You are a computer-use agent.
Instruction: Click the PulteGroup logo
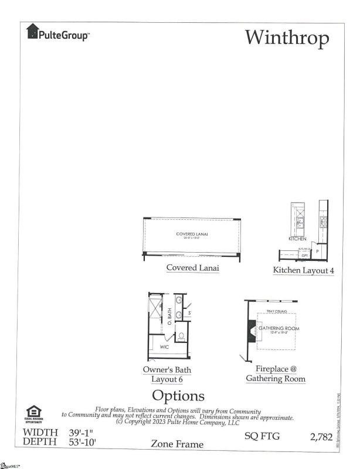tap(57, 34)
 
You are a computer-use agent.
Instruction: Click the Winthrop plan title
tap(287, 37)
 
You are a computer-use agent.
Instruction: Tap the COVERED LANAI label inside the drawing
tap(193, 235)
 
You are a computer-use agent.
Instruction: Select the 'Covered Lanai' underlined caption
tap(193, 268)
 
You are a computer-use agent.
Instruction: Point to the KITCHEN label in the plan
tap(297, 239)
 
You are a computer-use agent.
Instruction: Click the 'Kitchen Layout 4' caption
tap(303, 270)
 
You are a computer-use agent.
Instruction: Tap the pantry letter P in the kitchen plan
tap(317, 251)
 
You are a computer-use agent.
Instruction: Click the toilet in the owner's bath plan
tap(181, 337)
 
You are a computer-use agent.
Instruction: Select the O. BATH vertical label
tap(169, 318)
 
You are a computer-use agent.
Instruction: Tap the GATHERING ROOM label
tap(280, 328)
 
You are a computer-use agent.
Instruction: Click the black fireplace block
tap(250, 331)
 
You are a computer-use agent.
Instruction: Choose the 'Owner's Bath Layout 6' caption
tap(167, 375)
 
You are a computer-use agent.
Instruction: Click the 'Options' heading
tap(178, 396)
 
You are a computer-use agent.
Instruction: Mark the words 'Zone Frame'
tap(178, 444)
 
